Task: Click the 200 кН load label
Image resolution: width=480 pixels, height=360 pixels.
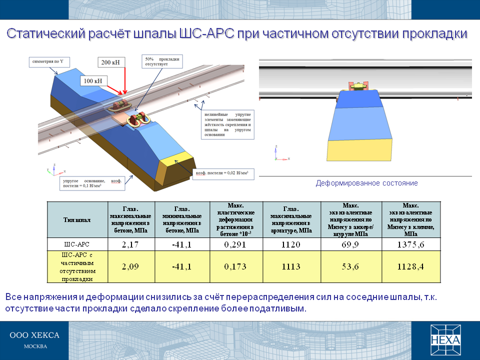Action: point(111,62)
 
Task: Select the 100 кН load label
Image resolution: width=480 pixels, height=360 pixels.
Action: point(93,81)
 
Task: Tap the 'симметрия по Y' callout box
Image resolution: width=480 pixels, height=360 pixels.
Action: point(49,61)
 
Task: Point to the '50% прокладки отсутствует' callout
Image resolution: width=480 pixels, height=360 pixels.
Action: point(162,61)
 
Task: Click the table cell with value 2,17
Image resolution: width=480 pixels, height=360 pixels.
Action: point(131,244)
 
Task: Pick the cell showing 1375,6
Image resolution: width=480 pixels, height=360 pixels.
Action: point(411,244)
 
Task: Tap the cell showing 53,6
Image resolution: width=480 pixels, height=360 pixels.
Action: point(351,266)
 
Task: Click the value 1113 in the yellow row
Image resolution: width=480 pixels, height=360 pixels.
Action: point(291,266)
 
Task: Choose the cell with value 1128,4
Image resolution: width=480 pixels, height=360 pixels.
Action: point(411,266)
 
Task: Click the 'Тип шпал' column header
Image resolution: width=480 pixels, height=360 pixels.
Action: point(77,220)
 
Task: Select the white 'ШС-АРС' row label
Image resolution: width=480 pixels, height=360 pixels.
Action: point(77,244)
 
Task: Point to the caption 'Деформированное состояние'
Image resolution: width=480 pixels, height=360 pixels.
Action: point(366,183)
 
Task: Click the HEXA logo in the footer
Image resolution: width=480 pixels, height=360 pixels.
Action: point(445,340)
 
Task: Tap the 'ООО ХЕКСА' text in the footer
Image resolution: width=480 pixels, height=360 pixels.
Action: point(34,335)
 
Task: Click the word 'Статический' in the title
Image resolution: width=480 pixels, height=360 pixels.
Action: point(46,33)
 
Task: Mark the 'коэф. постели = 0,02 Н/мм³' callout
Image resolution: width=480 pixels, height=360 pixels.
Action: point(223,174)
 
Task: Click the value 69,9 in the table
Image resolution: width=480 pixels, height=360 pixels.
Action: point(350,244)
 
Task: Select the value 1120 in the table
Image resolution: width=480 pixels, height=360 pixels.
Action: point(291,244)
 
